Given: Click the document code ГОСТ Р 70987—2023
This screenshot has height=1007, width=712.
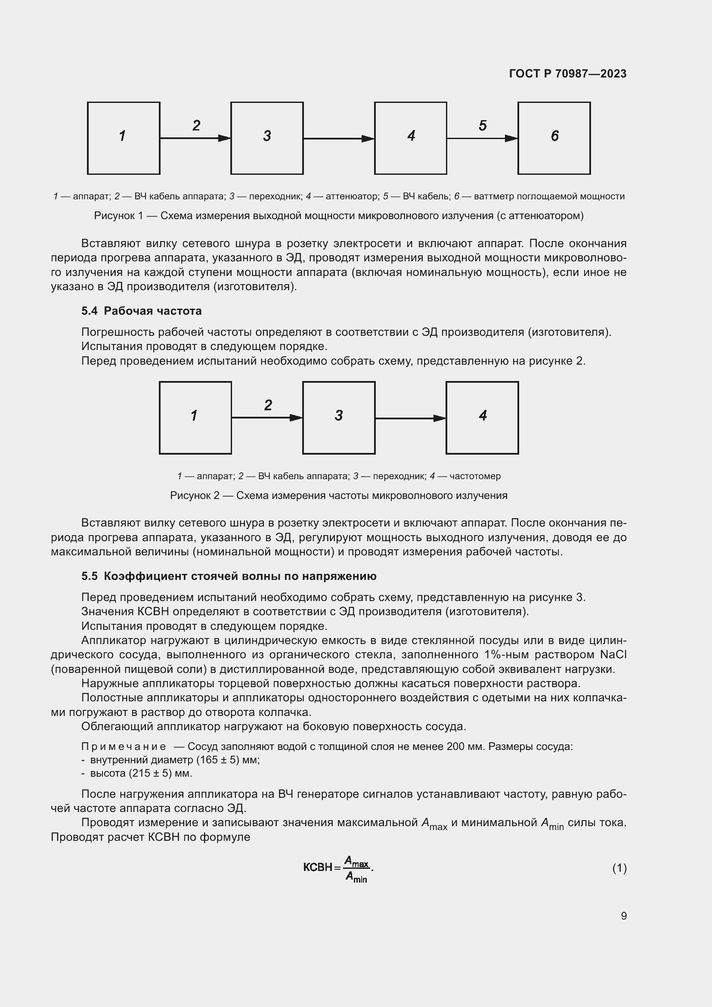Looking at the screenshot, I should pyautogui.click(x=567, y=74).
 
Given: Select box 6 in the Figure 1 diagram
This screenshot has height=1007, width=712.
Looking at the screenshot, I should pyautogui.click(x=554, y=138).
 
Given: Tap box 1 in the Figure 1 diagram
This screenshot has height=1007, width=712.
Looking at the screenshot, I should pyautogui.click(x=124, y=138).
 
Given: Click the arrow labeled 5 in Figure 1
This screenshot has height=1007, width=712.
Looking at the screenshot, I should pyautogui.click(x=482, y=138).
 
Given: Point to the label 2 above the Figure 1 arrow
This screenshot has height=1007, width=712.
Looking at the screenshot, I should pyautogui.click(x=196, y=126).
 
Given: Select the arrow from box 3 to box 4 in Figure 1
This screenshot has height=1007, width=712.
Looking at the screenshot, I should pyautogui.click(x=338, y=139).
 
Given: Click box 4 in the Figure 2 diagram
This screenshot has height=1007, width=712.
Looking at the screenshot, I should pyautogui.click(x=482, y=418).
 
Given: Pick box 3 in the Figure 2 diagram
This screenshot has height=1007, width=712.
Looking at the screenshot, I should pyautogui.click(x=338, y=418).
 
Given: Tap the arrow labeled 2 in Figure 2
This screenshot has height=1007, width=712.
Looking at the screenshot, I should pyautogui.click(x=266, y=418).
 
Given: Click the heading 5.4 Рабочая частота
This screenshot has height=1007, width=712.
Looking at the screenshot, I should pyautogui.click(x=141, y=311).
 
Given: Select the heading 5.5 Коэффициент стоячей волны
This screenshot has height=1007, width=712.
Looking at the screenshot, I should pyautogui.click(x=229, y=576).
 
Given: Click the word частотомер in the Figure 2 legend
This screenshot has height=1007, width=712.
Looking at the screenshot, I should pyautogui.click(x=475, y=476).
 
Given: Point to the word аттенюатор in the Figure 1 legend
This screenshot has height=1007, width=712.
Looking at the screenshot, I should pyautogui.click(x=352, y=196).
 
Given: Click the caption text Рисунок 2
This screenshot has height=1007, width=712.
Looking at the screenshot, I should pyautogui.click(x=195, y=496).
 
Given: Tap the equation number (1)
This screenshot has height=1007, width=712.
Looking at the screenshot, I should pyautogui.click(x=619, y=868).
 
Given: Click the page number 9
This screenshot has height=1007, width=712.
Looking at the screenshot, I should pyautogui.click(x=623, y=916).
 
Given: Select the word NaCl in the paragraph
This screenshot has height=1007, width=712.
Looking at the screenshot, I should pyautogui.click(x=613, y=655).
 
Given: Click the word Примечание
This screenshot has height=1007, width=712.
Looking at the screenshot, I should pyautogui.click(x=124, y=747).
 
